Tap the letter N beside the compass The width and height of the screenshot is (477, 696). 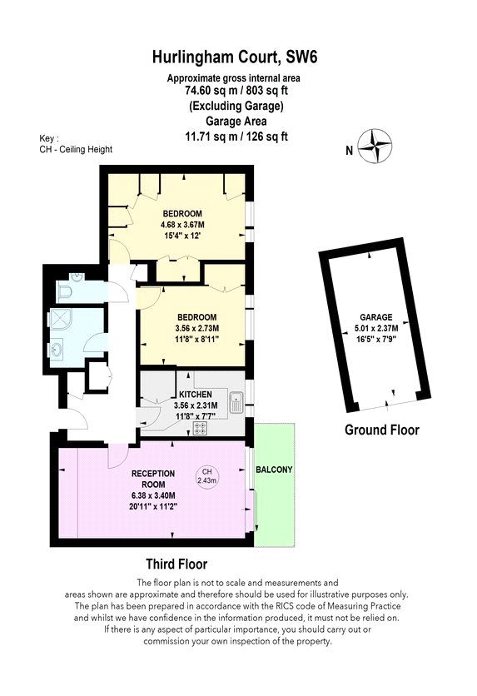pyautogui.click(x=350, y=151)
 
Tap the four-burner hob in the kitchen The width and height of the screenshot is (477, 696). pyautogui.click(x=200, y=428)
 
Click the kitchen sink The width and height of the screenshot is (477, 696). pyautogui.click(x=236, y=404)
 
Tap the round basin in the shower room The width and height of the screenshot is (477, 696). pyautogui.click(x=57, y=350)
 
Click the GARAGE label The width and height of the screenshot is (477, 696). pyautogui.click(x=375, y=317)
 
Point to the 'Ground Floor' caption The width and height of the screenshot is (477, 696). pyautogui.click(x=381, y=430)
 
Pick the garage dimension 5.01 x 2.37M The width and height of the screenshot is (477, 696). pyautogui.click(x=376, y=329)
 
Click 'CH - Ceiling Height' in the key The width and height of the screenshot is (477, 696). pyautogui.click(x=76, y=150)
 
